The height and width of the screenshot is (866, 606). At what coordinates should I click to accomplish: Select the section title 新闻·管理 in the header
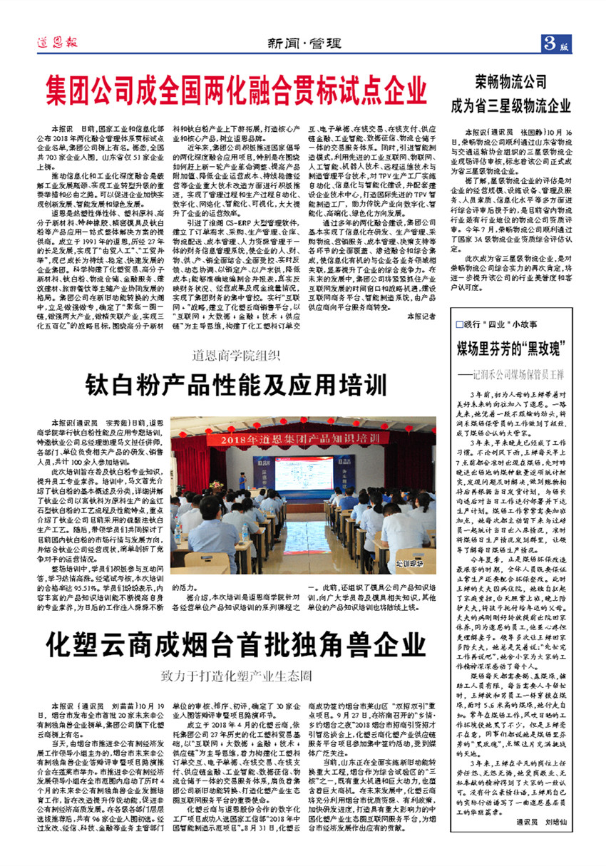tap(302, 42)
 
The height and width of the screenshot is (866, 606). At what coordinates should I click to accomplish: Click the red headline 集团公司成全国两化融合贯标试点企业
tap(237, 91)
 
